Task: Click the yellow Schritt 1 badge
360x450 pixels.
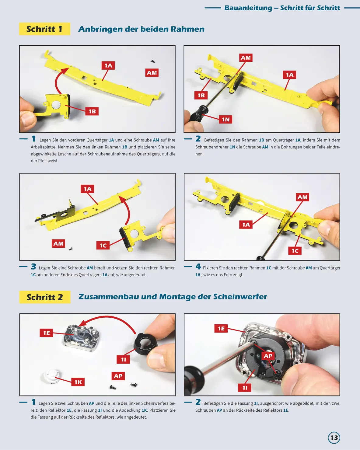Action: click(44, 29)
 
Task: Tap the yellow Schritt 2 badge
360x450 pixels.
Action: click(45, 297)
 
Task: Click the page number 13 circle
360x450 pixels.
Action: click(334, 438)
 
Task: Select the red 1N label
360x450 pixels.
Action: click(225, 119)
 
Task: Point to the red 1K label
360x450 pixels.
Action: click(78, 382)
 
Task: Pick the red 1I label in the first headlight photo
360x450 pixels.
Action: click(124, 359)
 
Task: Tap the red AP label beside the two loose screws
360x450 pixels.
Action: click(118, 376)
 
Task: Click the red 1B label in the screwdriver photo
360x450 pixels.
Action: click(201, 95)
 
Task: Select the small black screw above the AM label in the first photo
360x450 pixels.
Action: click(153, 61)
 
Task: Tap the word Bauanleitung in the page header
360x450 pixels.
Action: click(248, 8)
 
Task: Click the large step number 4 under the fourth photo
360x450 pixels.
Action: click(198, 267)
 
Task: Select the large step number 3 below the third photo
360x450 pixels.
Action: click(33, 267)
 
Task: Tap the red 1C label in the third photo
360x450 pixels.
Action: click(103, 245)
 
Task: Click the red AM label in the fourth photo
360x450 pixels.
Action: click(302, 197)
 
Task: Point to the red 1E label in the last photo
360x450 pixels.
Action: click(221, 329)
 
